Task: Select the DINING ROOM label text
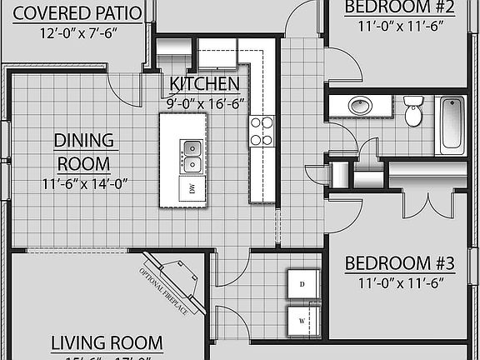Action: (84, 151)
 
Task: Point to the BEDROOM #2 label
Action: (399, 8)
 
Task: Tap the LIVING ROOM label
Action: (107, 342)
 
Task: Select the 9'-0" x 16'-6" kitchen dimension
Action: (204, 104)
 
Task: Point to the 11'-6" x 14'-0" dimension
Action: (84, 183)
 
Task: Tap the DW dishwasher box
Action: (192, 189)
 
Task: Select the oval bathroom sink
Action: (360, 107)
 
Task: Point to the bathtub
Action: (452, 122)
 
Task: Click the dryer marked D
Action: (299, 284)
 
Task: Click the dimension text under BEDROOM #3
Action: (399, 283)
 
